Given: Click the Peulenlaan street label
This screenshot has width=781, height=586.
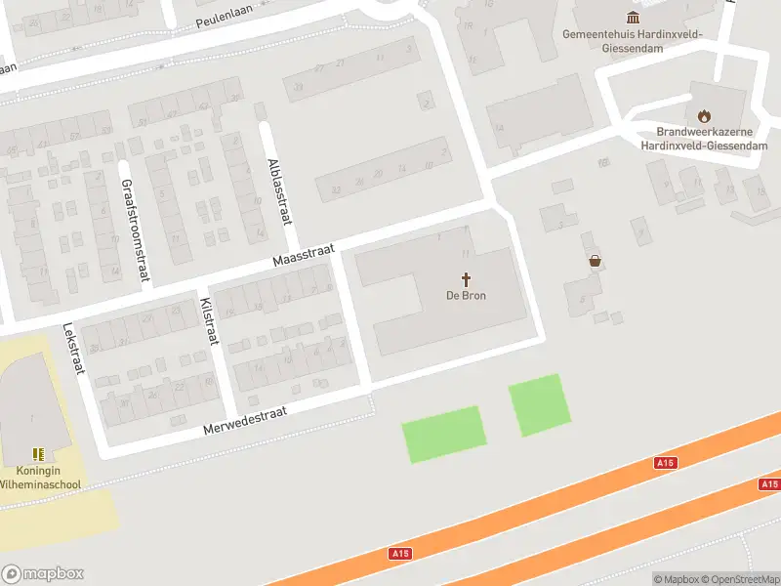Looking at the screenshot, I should tap(226, 20).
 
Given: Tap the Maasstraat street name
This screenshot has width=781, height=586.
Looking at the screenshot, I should tap(303, 256).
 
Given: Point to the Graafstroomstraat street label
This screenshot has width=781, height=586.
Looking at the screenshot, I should tap(135, 230).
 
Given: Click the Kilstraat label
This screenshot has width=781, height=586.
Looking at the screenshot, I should tap(208, 319).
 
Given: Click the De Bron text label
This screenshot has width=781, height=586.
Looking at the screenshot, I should tap(466, 296).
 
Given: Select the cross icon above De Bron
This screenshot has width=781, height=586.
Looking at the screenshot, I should tap(466, 278).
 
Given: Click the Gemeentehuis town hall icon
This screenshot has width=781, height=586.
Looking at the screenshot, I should tap(633, 18).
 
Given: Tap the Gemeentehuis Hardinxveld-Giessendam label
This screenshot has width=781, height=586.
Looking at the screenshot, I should tap(633, 40).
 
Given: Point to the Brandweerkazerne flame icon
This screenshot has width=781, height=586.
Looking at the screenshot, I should tap(703, 116).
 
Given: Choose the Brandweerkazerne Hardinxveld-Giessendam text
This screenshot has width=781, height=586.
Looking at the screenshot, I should tap(703, 139).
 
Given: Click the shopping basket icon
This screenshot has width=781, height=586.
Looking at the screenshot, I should tap(595, 261).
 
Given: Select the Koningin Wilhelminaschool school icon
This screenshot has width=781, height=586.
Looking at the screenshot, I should tap(38, 454).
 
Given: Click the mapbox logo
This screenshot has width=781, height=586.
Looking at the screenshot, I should tap(43, 574).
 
